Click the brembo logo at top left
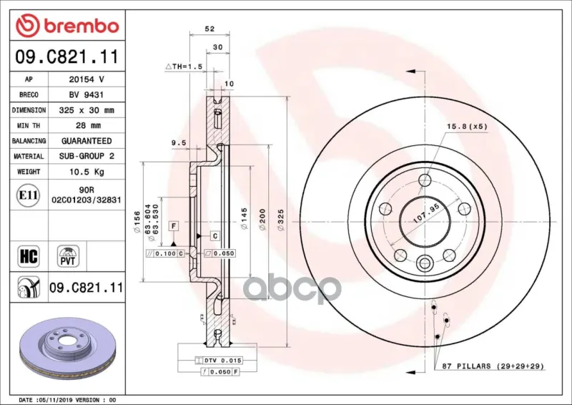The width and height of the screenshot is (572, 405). click(67, 26)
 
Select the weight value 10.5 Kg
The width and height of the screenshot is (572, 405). click(87, 172)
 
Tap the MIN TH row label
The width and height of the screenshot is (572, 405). click(29, 126)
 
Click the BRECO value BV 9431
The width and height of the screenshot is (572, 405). click(87, 94)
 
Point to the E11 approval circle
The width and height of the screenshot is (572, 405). click(28, 195)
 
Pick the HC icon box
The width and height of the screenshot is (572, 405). click(29, 256)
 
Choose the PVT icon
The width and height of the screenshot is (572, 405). click(68, 256)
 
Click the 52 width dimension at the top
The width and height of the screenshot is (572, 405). click(209, 29)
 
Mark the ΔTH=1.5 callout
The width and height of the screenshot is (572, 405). click(184, 67)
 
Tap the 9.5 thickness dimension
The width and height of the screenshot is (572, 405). click(179, 143)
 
